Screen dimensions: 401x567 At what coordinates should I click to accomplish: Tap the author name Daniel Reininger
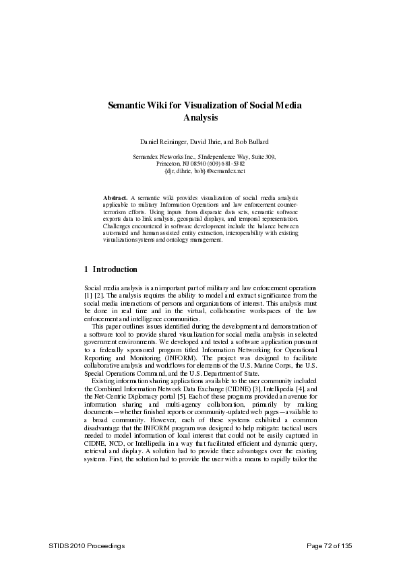(x=163, y=142)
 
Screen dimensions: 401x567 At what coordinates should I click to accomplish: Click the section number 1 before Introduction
(x=86, y=269)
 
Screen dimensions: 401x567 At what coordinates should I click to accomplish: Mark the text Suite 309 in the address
(x=262, y=156)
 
